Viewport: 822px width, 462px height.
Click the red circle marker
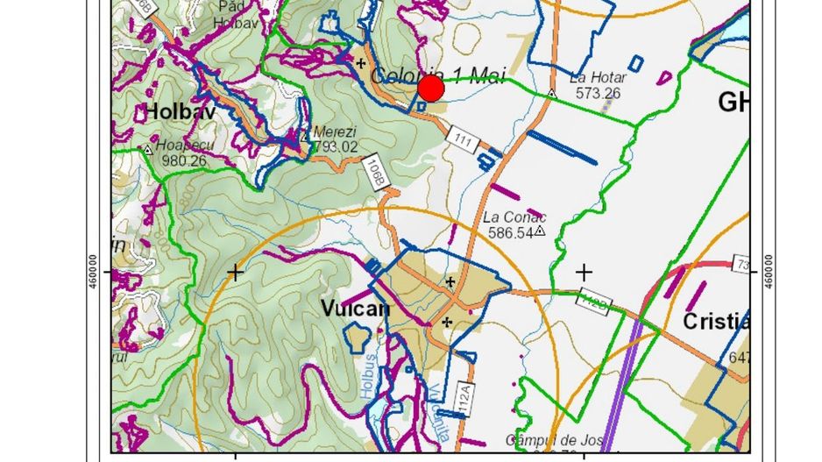430,89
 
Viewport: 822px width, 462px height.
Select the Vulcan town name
355,309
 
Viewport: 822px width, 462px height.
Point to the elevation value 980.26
184,160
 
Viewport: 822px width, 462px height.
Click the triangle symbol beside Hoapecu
148,150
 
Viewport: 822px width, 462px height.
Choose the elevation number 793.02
336,146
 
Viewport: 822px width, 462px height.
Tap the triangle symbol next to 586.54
540,231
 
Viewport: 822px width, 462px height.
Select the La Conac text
514,217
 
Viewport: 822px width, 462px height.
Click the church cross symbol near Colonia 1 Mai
360,63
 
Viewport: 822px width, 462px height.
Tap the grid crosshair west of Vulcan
235,273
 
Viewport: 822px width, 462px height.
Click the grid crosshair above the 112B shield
584,273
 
